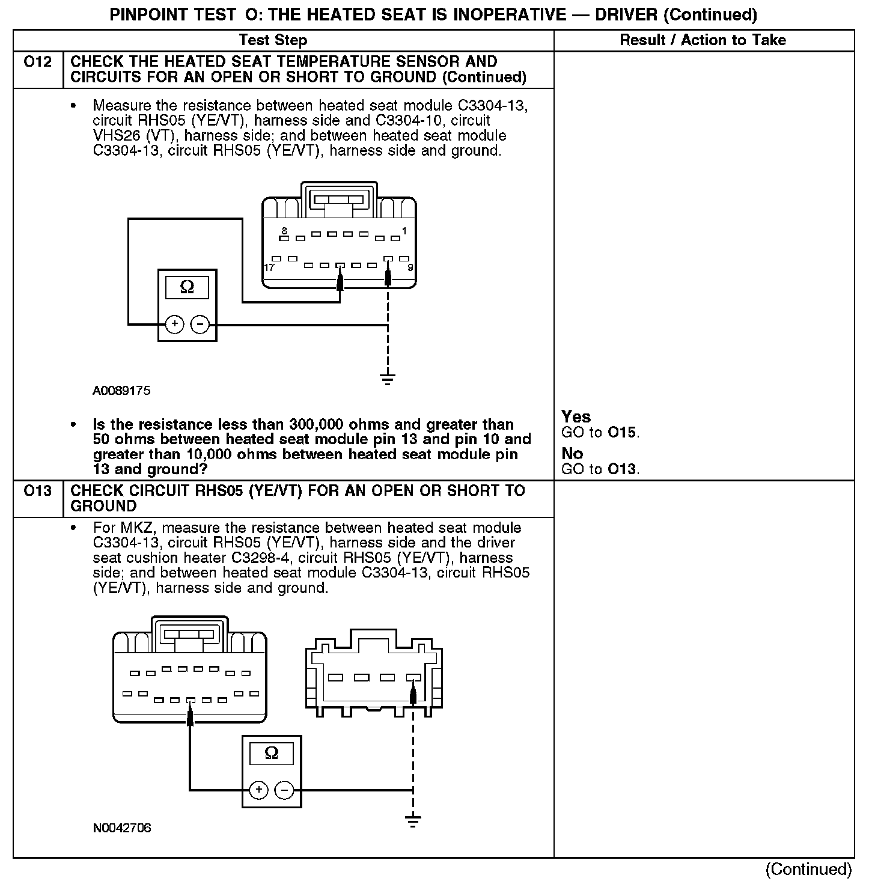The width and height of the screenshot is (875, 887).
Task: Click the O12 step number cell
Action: pos(37,62)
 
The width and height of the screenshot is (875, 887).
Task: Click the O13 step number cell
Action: pos(37,492)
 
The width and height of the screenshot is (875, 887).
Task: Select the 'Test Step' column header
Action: pos(273,40)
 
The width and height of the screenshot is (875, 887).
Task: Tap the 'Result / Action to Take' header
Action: pos(703,40)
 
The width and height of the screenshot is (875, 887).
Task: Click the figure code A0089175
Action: pos(121,391)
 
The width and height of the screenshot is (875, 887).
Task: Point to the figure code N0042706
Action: pos(121,828)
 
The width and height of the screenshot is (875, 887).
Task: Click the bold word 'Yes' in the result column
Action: pos(576,417)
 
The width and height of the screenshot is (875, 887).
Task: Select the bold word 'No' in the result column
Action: pos(572,454)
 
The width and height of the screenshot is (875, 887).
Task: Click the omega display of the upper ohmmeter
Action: pos(187,288)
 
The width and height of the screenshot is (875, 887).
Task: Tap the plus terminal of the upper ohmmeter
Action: pos(174,325)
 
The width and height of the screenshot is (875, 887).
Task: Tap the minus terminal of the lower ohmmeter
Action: pos(284,790)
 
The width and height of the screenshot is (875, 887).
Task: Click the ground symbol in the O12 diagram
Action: pos(388,378)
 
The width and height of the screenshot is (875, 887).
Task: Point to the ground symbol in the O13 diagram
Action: pos(413,820)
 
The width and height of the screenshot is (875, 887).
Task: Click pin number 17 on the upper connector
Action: pos(269,267)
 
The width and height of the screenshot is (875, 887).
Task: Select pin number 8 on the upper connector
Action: pos(284,231)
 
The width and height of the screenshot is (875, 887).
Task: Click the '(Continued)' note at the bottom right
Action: pos(808,869)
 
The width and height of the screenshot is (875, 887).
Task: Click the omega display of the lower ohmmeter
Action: pos(271,754)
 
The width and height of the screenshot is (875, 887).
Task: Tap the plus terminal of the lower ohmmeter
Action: pos(258,790)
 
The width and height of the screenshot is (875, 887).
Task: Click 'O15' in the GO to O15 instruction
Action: pos(623,433)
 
